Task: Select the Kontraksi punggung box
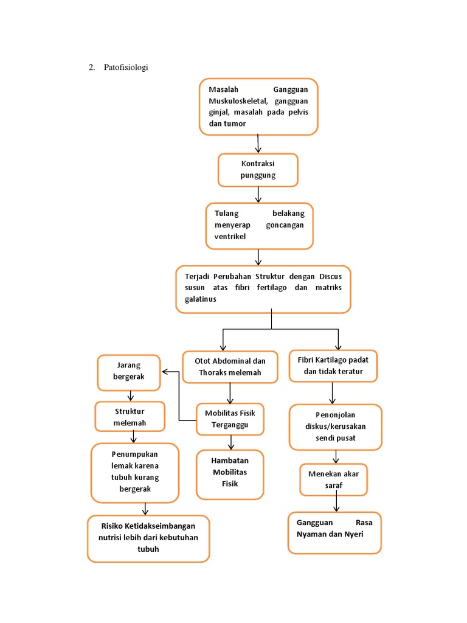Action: (258, 170)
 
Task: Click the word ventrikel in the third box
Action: (230, 237)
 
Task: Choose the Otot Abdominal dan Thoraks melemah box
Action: (230, 367)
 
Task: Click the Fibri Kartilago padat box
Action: (333, 366)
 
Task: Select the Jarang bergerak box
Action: (128, 372)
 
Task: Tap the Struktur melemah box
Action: (130, 417)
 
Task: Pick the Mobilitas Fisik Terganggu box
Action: (230, 419)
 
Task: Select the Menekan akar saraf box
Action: (333, 479)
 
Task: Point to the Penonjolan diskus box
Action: (335, 427)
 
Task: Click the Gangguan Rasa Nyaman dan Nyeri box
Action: (334, 532)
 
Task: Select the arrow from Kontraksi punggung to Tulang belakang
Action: (258, 195)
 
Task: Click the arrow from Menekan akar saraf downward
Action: (336, 503)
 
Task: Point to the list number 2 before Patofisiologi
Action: (91, 67)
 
